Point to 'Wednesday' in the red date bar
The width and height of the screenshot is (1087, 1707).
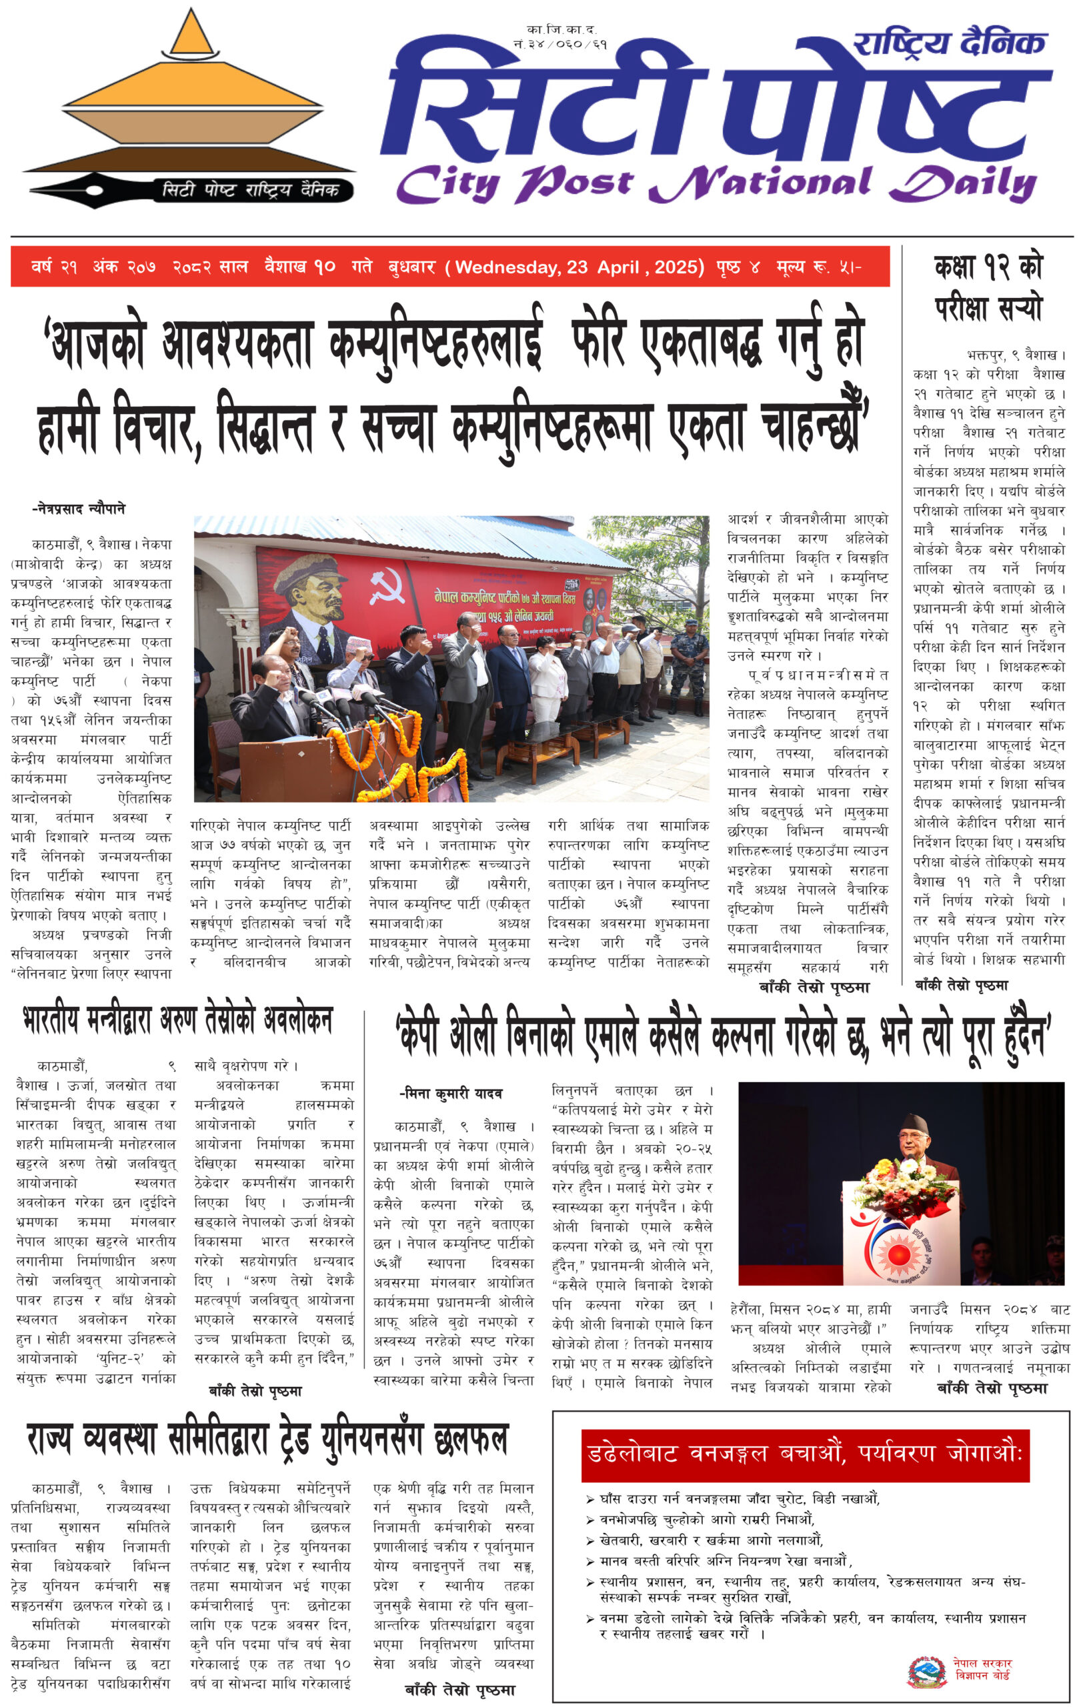tap(505, 267)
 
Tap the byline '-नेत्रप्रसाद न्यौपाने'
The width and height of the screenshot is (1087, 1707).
tap(79, 509)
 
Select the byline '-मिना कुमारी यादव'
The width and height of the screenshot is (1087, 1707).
tap(450, 1094)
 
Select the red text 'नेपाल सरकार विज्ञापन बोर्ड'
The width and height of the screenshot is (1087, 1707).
tap(982, 1670)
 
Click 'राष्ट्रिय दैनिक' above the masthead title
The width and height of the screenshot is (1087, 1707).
tap(950, 44)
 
